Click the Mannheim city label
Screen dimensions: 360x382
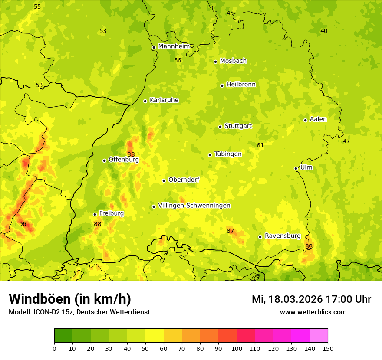[174, 46]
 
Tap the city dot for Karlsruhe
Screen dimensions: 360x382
[145, 101]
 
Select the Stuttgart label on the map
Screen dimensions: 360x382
[238, 126]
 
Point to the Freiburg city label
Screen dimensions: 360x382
[111, 213]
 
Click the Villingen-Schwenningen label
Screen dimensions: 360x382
[194, 206]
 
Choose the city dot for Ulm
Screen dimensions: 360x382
[296, 168]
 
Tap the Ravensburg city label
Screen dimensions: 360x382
[283, 236]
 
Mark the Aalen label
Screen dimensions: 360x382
[318, 119]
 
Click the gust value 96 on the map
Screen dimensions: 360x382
[23, 224]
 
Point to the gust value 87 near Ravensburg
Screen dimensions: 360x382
[230, 231]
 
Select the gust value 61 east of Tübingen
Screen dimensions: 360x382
[260, 145]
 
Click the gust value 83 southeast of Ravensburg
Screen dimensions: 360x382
[309, 246]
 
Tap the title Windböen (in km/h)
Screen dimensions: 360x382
[70, 299]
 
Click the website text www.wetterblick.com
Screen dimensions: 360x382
[313, 312]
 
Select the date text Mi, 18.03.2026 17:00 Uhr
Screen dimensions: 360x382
[311, 299]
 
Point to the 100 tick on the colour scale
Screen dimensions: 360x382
[237, 348]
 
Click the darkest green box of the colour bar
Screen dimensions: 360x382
[63, 336]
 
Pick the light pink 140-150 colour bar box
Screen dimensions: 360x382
[319, 336]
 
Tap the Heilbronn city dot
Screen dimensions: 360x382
[222, 85]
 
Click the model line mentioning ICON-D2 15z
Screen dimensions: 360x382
[79, 312]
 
